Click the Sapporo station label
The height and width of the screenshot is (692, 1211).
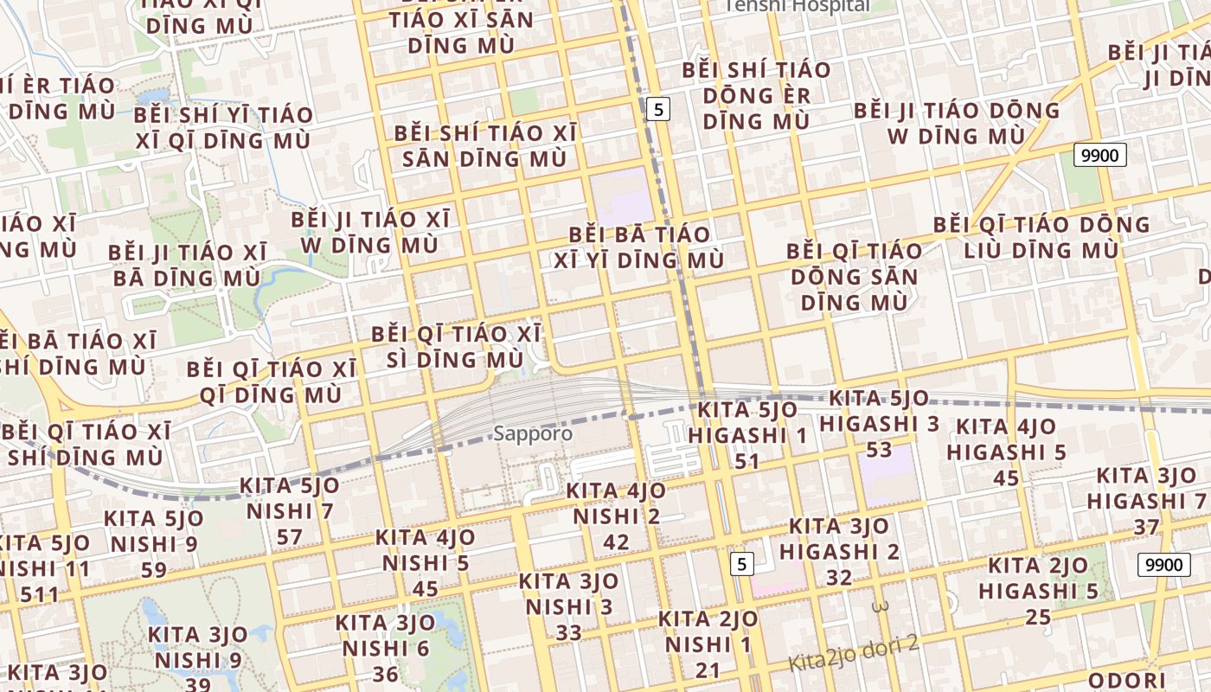[x=533, y=432]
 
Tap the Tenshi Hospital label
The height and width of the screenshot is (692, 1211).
[x=797, y=5]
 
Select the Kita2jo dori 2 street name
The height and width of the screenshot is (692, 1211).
[x=853, y=653]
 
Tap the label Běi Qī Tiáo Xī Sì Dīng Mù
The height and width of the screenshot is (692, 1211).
[x=456, y=346]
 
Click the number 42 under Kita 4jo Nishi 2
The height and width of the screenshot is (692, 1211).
[x=616, y=542]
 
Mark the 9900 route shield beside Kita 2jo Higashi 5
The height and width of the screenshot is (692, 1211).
[x=1160, y=565]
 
